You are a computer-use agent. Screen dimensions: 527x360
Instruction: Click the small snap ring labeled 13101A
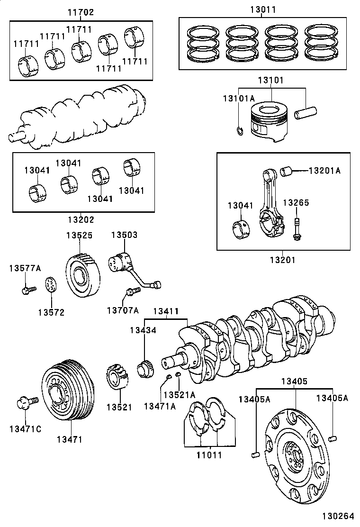(240, 130)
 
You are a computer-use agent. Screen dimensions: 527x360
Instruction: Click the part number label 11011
(209, 455)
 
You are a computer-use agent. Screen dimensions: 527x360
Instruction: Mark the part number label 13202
(81, 220)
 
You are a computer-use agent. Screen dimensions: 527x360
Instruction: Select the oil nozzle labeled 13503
(122, 263)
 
